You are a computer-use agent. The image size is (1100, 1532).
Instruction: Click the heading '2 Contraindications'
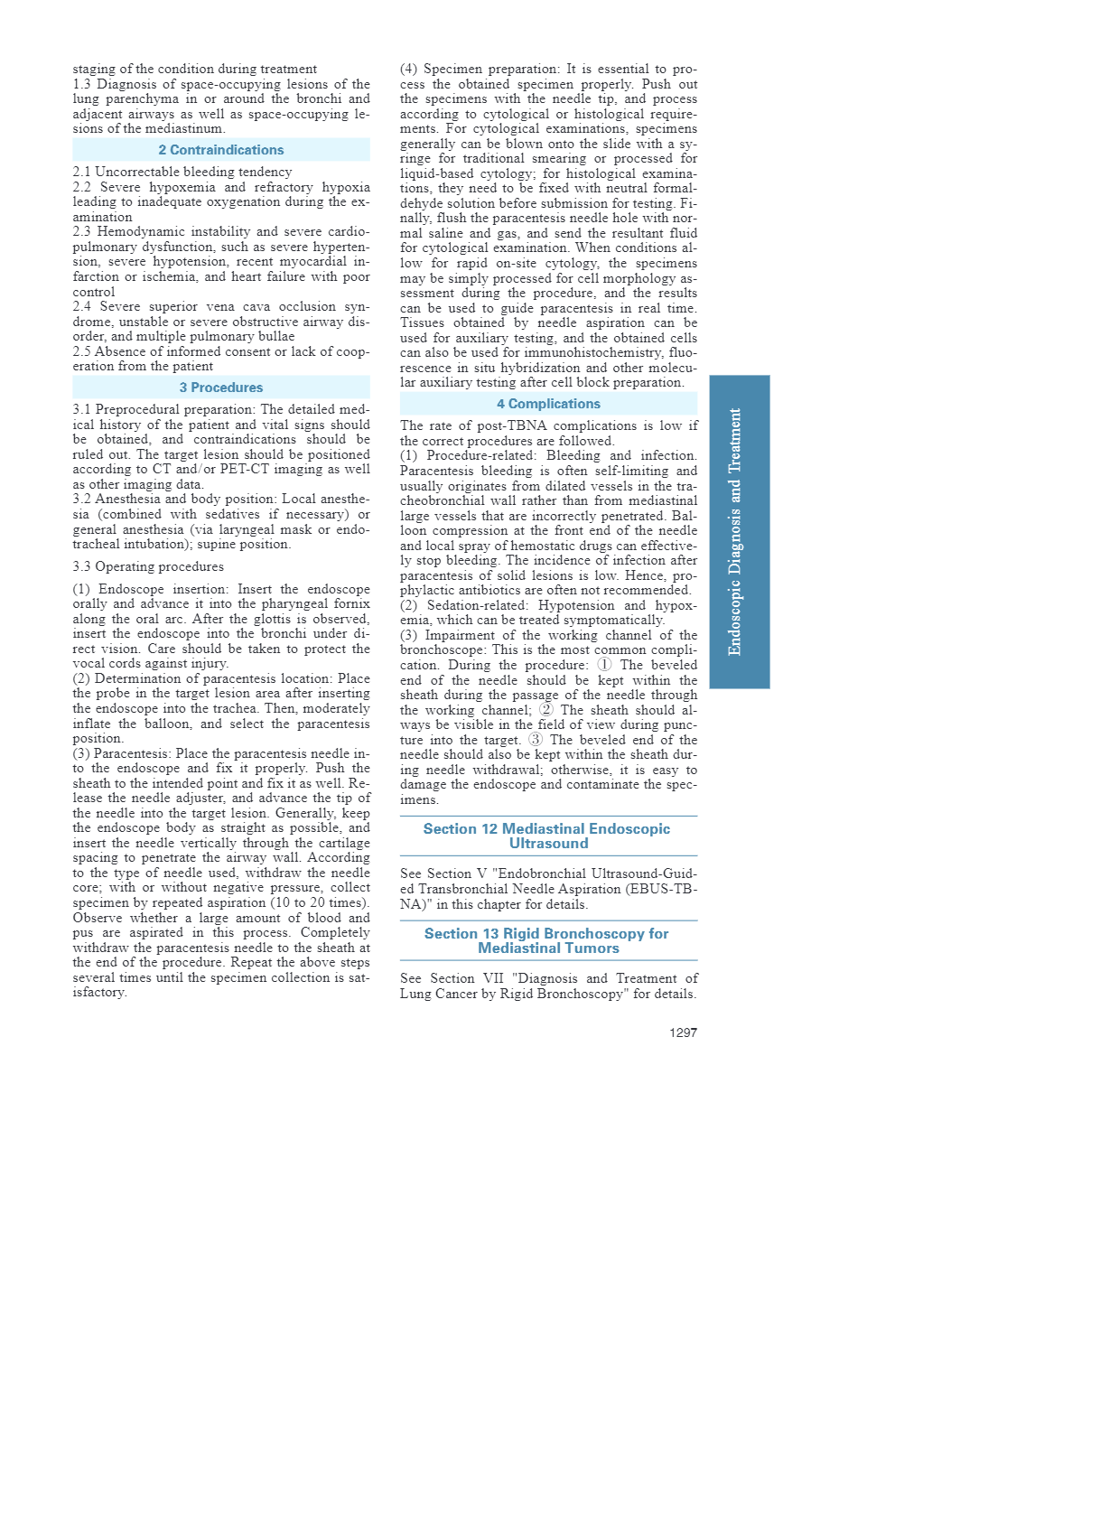pyautogui.click(x=221, y=150)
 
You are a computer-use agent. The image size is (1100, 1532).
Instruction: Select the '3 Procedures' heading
pyautogui.click(x=221, y=388)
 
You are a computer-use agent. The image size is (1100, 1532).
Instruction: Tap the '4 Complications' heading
pyautogui.click(x=548, y=404)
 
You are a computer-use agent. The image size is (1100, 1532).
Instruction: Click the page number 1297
pyautogui.click(x=683, y=1032)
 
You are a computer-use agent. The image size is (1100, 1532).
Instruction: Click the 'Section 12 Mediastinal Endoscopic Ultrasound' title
pyautogui.click(x=547, y=836)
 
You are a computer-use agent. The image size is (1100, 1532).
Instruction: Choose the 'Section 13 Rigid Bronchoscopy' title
pyautogui.click(x=547, y=940)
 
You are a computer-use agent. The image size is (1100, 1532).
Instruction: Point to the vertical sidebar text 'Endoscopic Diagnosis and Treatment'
pyautogui.click(x=735, y=532)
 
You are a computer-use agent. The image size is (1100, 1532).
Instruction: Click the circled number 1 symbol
pyautogui.click(x=604, y=665)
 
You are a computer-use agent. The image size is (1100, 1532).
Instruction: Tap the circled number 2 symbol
pyautogui.click(x=546, y=710)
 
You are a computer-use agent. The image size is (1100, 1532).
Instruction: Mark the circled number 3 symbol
pyautogui.click(x=536, y=740)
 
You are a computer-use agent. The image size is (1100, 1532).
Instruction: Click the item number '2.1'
pyautogui.click(x=82, y=172)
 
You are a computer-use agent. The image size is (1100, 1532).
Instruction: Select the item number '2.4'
pyautogui.click(x=82, y=306)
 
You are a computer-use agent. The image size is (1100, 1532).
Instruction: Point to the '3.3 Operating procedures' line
pyautogui.click(x=148, y=566)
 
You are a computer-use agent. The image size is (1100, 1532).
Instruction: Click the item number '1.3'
pyautogui.click(x=82, y=84)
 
